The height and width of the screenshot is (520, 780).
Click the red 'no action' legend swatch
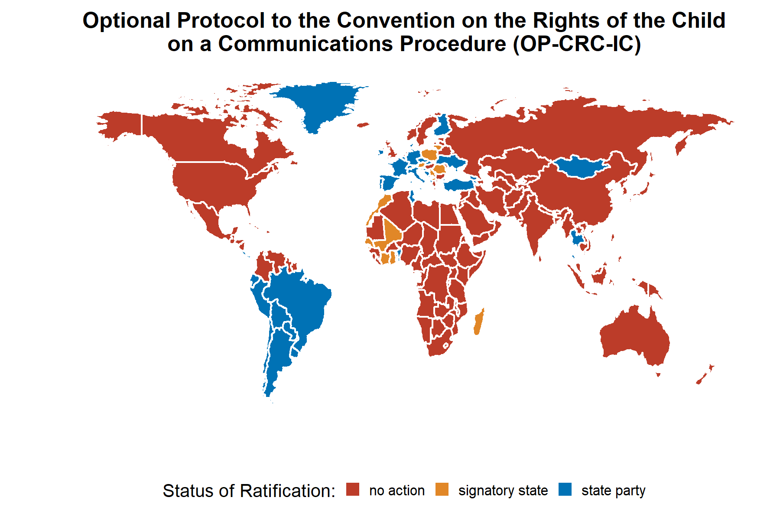pos(353,490)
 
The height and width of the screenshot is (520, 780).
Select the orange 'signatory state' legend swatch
pos(442,490)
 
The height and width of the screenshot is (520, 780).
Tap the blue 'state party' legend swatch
pos(565,490)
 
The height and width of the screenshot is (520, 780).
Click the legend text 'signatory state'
pos(503,491)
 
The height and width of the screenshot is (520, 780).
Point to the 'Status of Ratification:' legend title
pos(249,491)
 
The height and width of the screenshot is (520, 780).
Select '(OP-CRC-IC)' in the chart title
pos(576,44)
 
